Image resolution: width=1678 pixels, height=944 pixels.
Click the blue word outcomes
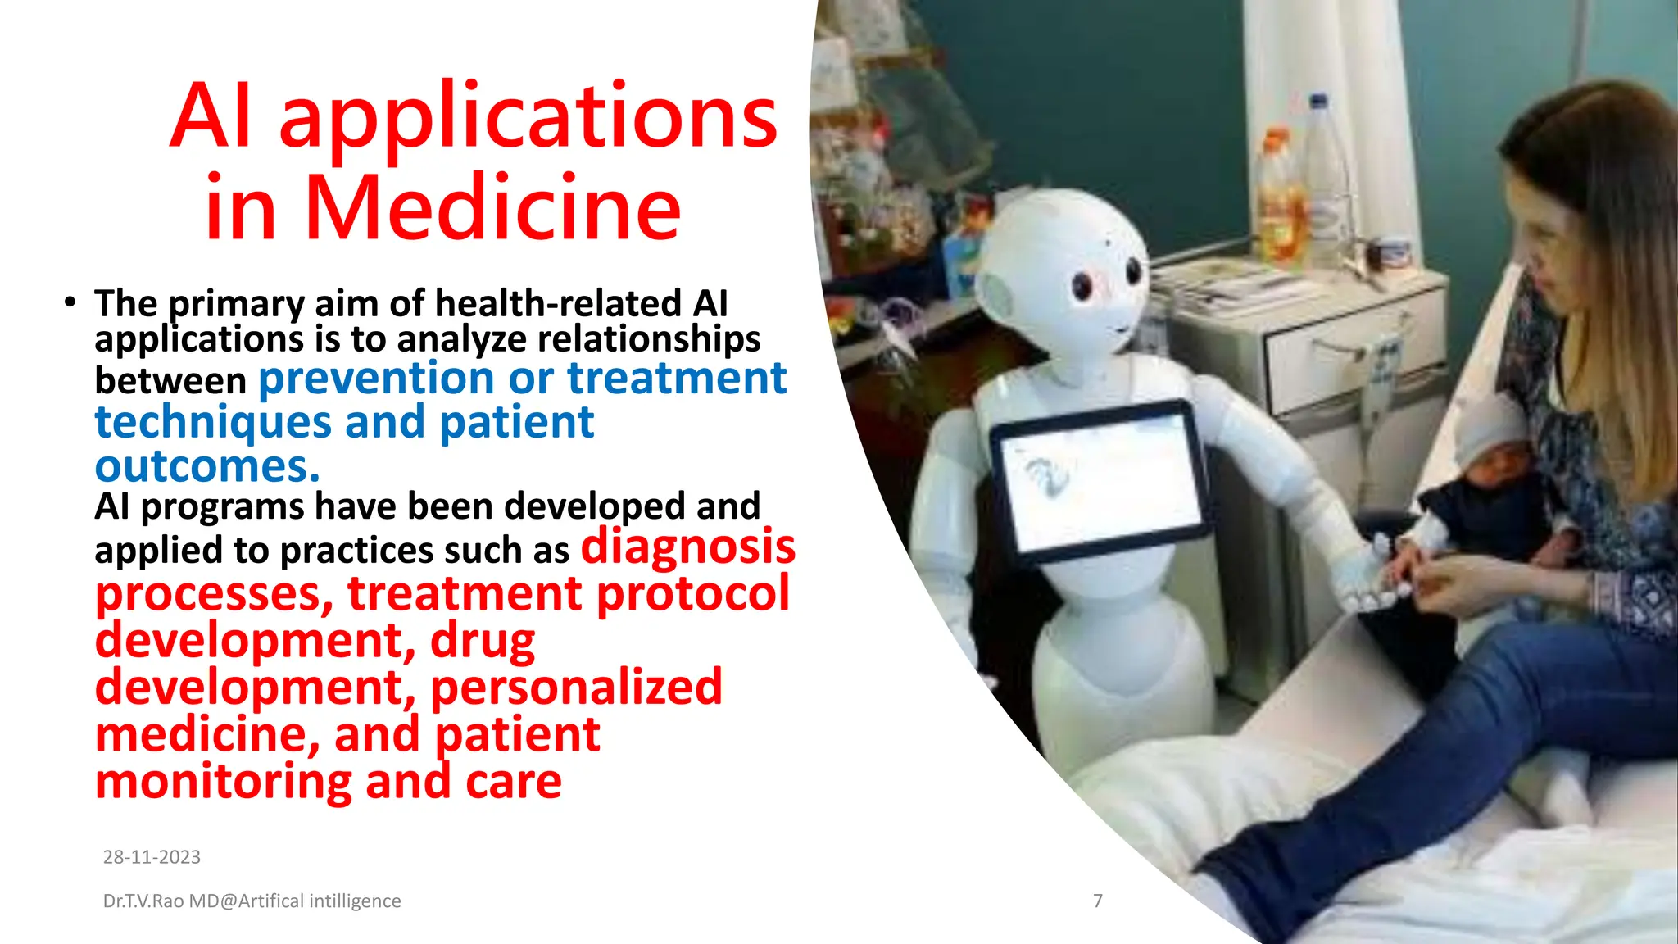pos(206,466)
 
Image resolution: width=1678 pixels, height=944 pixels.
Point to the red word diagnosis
pos(687,547)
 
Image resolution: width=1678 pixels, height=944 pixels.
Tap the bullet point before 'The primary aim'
pos(70,303)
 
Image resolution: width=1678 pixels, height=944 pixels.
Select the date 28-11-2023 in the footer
pos(152,857)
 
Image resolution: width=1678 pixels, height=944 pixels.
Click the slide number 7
pos(1098,901)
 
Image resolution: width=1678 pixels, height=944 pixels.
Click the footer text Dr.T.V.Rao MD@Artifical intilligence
pos(252,901)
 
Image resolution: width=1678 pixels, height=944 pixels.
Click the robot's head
pos(1065,262)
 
